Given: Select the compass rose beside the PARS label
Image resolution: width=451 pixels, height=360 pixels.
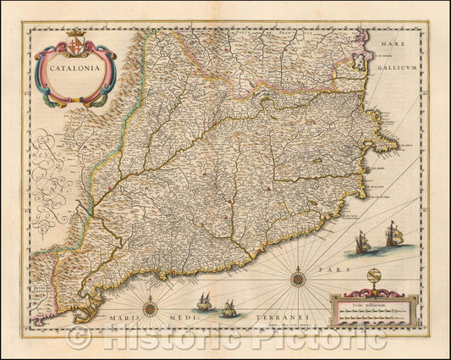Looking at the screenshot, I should pos(299,276).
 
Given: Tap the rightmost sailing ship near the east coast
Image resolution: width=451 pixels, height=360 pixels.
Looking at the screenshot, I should pos(393,235).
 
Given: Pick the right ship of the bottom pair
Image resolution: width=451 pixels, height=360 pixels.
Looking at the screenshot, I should pos(228,308).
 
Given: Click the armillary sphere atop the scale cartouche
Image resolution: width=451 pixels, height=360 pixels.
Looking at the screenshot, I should pos(375,279).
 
